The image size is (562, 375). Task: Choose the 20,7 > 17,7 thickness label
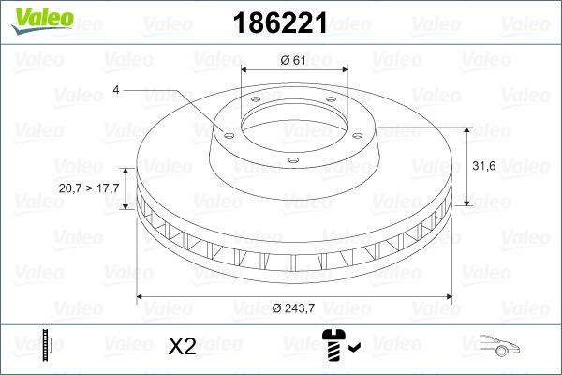coord(90,188)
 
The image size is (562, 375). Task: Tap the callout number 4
coord(115,90)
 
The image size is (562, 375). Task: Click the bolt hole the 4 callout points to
coord(225,131)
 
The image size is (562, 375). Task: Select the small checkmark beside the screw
coord(354,348)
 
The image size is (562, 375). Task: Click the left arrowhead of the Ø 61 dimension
coord(245,70)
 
